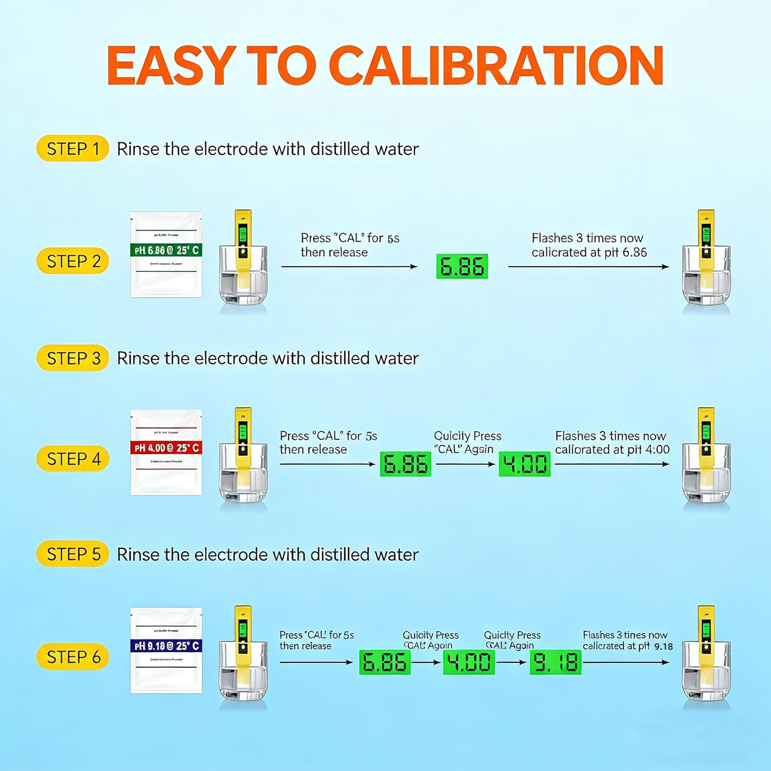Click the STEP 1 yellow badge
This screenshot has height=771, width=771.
[x=72, y=149]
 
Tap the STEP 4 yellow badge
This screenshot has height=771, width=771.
[x=72, y=458]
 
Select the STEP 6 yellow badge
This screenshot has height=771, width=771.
[x=72, y=656]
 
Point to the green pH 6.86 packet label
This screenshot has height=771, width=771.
[x=166, y=250]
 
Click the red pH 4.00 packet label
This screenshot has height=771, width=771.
[x=166, y=448]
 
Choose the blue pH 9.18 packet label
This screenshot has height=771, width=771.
[x=166, y=646]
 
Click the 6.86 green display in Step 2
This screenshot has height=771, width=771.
[x=462, y=266]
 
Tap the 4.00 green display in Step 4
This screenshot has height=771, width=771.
[x=524, y=464]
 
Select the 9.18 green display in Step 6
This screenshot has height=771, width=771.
[x=555, y=662]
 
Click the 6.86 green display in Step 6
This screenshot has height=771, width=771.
[x=384, y=662]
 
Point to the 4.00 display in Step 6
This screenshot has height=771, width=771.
[x=468, y=662]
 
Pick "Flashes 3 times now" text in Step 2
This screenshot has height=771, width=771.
[x=587, y=238]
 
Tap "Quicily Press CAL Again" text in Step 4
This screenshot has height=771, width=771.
[x=467, y=443]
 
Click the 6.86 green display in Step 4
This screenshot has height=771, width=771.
[x=405, y=464]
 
